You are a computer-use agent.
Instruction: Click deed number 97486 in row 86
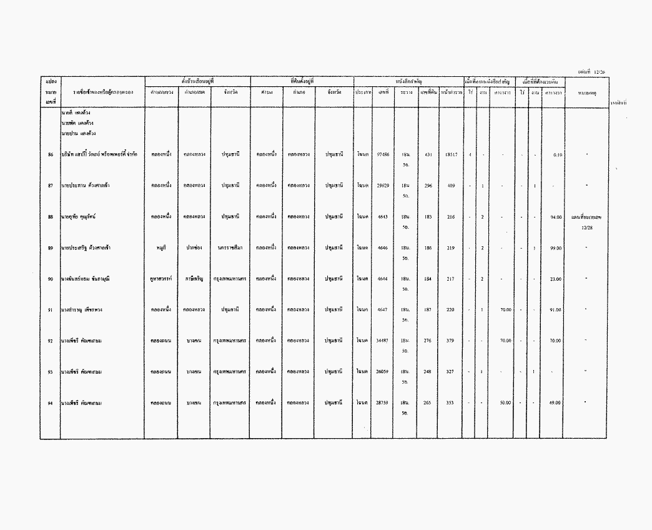click(383, 154)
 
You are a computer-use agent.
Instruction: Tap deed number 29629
click(383, 185)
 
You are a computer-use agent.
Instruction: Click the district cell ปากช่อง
click(194, 248)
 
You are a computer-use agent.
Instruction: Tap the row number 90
click(50, 279)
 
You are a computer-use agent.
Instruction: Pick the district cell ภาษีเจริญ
click(194, 279)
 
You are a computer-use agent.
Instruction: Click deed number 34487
click(383, 341)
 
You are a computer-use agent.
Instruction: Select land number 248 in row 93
click(428, 372)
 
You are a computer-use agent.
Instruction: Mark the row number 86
click(50, 154)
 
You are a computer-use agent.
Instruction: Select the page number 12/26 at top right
click(595, 72)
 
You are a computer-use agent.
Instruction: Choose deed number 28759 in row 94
click(383, 402)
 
